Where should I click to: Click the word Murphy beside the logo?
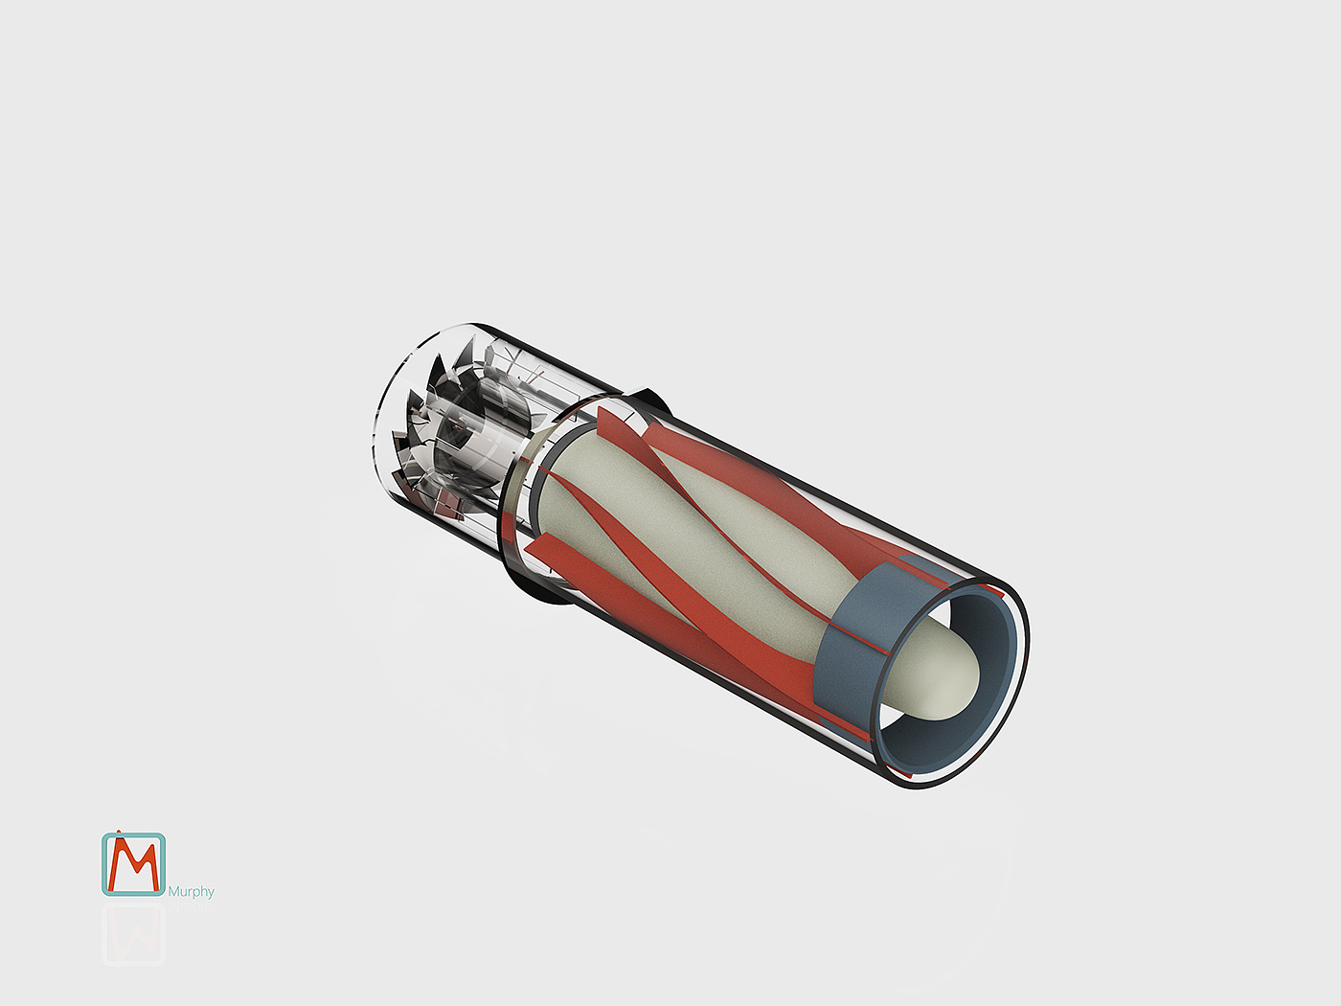coord(192,892)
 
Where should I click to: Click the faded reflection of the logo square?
coord(133,934)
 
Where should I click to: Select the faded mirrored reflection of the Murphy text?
coord(192,905)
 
